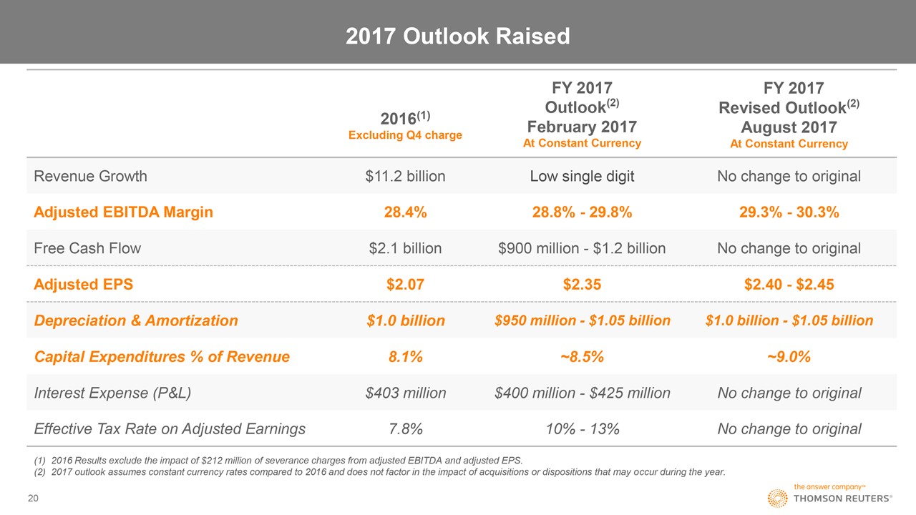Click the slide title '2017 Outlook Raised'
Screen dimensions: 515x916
458,36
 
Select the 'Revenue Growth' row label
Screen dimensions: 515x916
90,176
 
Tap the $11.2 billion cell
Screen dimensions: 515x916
405,176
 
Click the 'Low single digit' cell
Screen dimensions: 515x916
582,176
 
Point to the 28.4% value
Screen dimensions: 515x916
405,212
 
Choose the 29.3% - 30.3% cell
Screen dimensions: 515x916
789,212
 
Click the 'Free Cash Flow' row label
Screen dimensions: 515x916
87,248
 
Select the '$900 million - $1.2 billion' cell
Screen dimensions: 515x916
582,248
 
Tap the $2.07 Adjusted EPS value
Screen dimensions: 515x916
405,284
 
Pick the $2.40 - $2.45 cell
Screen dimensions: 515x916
789,284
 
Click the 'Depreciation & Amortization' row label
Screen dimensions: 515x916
136,320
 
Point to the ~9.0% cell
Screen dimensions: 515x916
789,357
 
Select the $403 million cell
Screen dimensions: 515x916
405,393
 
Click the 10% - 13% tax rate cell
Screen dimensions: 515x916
582,429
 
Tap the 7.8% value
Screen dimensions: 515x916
405,429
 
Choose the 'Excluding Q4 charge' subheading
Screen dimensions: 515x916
405,134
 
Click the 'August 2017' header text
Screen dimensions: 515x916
789,127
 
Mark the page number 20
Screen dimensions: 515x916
33,498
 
